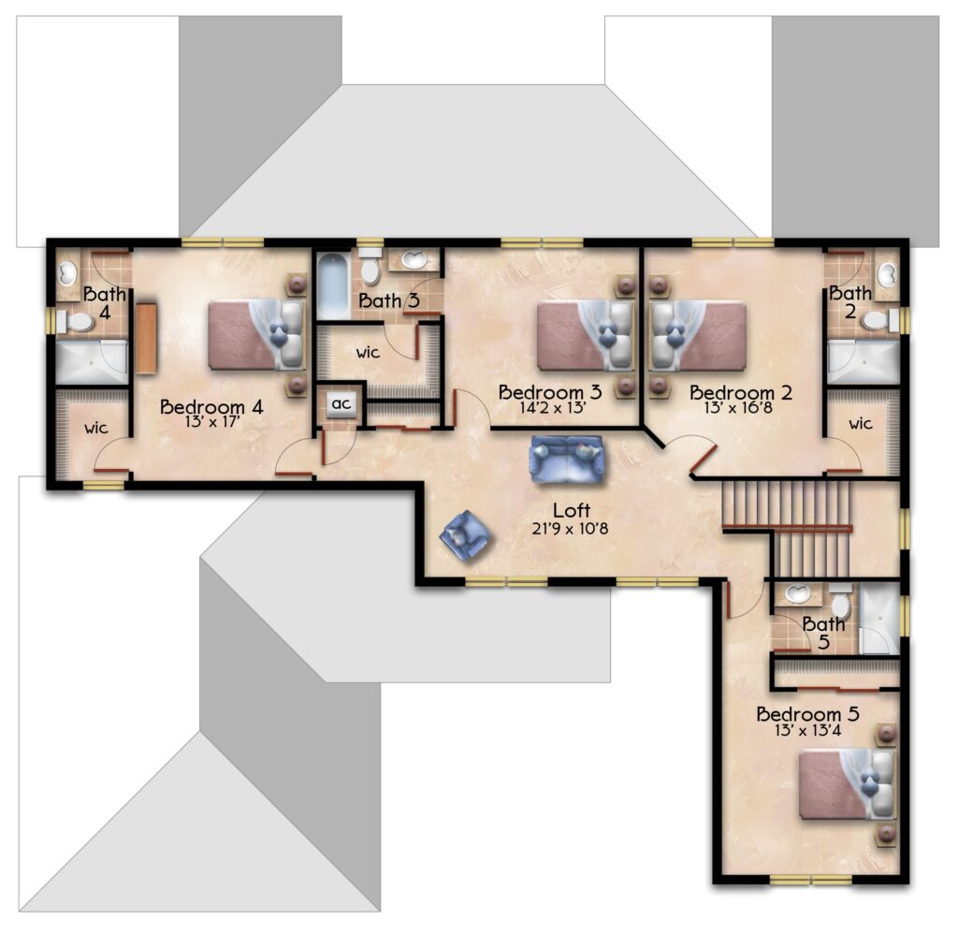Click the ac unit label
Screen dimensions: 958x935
(341, 403)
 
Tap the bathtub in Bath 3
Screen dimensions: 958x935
(334, 286)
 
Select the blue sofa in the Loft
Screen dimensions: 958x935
(567, 459)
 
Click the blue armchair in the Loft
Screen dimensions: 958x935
(466, 533)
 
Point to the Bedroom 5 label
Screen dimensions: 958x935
(807, 714)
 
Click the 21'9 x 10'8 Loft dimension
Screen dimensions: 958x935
(570, 529)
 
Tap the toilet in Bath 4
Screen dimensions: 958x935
(76, 321)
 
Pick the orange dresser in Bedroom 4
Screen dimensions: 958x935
(146, 338)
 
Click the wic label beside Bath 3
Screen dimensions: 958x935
(368, 353)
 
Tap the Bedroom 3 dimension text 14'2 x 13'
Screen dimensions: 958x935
(553, 408)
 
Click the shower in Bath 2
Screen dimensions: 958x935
(864, 363)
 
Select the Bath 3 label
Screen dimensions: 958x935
(389, 300)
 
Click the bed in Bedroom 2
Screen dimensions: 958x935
(698, 335)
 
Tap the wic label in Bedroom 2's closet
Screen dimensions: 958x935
(860, 423)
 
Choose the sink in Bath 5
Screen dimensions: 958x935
(797, 592)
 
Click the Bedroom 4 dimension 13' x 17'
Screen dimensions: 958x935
(210, 422)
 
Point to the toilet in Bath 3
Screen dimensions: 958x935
(370, 267)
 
